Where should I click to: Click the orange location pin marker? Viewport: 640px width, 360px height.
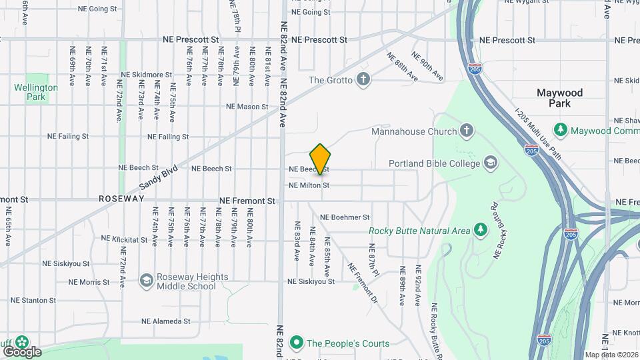coord(321,159)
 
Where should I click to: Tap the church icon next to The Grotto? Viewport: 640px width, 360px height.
coord(363,80)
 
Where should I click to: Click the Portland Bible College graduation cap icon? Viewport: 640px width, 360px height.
coord(491,163)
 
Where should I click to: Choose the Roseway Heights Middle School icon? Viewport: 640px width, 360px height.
coord(146,281)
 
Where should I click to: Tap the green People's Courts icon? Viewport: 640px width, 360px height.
coord(296,343)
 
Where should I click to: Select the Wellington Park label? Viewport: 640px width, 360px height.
coord(36,92)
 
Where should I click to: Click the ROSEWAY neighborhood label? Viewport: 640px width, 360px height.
coord(121,199)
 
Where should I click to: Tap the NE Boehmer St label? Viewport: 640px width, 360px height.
coord(345,217)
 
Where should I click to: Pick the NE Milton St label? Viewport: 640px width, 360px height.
coord(309,185)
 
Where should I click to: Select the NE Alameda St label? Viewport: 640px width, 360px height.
coord(167,321)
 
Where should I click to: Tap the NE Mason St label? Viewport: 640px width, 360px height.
coord(247,107)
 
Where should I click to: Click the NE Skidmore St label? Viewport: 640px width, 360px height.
coord(146,75)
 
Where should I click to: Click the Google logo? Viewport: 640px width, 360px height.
coord(23,351)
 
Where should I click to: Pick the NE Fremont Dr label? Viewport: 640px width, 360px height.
coord(362,283)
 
